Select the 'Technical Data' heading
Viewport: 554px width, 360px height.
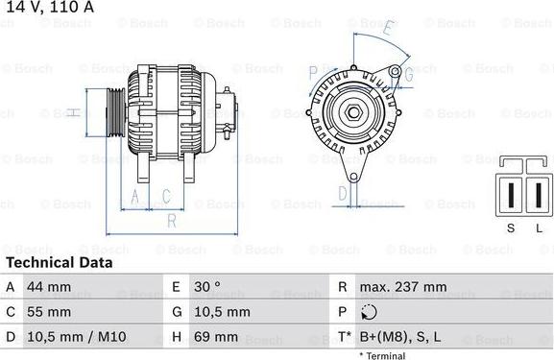pos(60,262)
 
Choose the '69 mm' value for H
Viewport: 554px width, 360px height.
pos(219,337)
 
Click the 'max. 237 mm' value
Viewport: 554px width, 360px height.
pos(402,287)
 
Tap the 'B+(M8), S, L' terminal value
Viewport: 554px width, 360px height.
pos(401,337)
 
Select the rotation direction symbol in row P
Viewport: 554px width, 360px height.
pos(371,312)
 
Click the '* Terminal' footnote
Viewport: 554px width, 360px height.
pos(382,355)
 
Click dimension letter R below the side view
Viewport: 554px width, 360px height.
pos(170,221)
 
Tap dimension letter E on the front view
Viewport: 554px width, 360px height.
pos(387,28)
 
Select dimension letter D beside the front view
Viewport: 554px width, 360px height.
pos(343,193)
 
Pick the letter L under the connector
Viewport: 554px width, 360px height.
pos(539,227)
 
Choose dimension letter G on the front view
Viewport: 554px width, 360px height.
pos(406,72)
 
